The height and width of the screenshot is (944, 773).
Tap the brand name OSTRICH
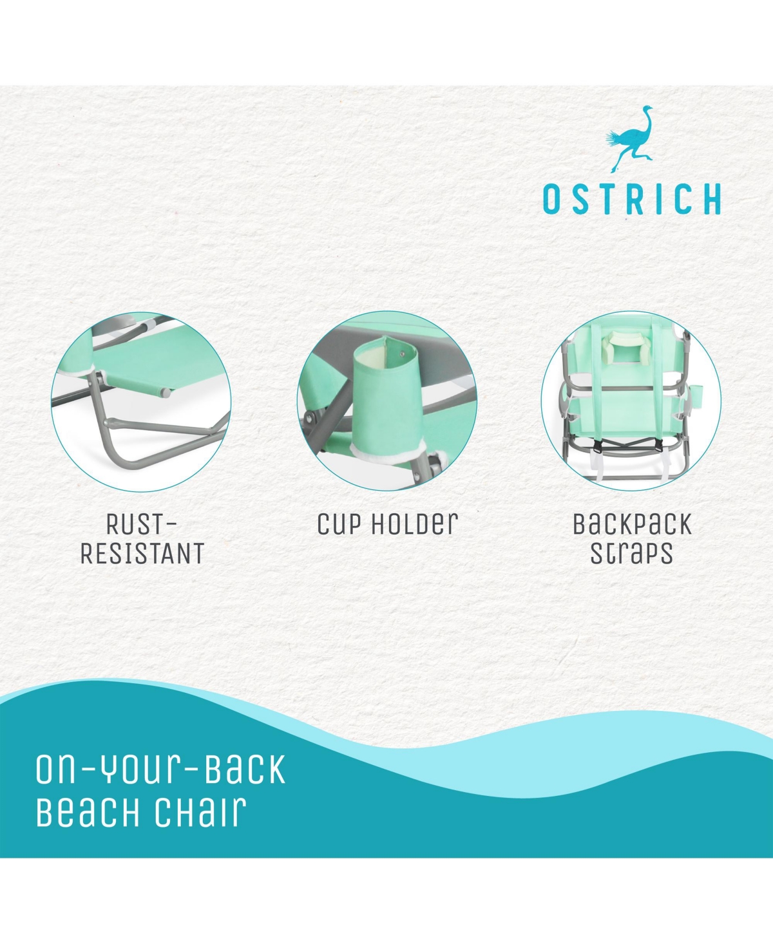[x=632, y=199]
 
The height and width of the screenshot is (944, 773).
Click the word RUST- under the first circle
[x=142, y=524]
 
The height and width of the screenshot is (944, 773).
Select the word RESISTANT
[x=142, y=553]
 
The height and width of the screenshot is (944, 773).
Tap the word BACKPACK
[x=633, y=524]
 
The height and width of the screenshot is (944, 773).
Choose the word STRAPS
[x=631, y=554]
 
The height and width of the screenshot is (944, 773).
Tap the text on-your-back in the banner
[x=161, y=769]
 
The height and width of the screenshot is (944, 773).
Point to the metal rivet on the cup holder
[x=402, y=354]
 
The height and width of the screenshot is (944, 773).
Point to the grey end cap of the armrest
[x=166, y=393]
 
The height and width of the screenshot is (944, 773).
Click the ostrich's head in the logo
[x=647, y=108]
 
